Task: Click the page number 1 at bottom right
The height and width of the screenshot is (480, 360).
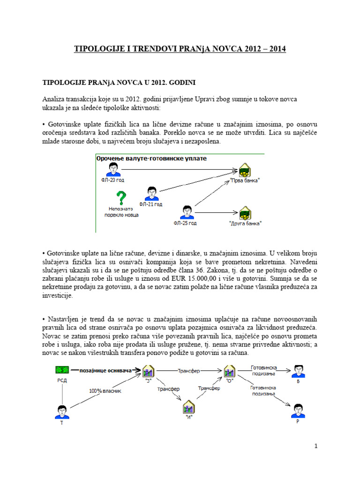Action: point(317,446)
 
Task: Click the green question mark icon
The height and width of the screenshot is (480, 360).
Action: point(121,198)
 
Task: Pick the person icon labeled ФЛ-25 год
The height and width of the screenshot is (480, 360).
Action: point(187,212)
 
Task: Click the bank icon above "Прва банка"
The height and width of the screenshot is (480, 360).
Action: point(244,170)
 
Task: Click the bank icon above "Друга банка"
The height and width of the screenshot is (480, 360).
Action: point(245,212)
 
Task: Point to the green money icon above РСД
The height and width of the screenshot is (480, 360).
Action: point(62,371)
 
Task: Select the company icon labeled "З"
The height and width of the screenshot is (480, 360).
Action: point(148,372)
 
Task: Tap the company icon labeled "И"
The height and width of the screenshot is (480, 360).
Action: point(188,406)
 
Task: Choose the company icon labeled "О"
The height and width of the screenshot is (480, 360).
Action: point(229,372)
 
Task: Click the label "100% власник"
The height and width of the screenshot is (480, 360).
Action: point(101,390)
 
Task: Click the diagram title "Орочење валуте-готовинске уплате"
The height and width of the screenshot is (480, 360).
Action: point(151,158)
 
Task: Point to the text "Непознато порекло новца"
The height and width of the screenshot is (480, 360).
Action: point(121,212)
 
